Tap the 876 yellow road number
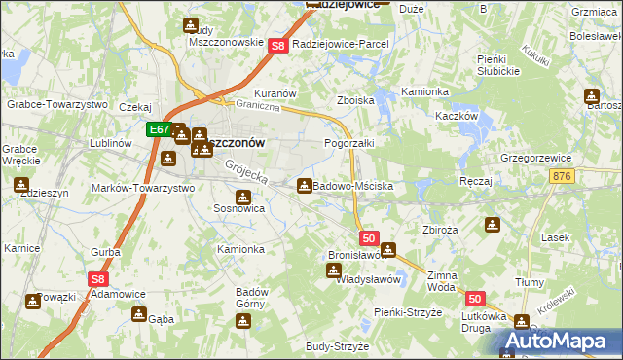(562, 175)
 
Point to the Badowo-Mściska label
(352, 186)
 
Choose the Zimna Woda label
(441, 282)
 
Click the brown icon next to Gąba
(139, 314)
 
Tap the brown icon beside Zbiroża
(493, 226)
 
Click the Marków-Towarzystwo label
(142, 188)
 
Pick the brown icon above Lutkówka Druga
(522, 322)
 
